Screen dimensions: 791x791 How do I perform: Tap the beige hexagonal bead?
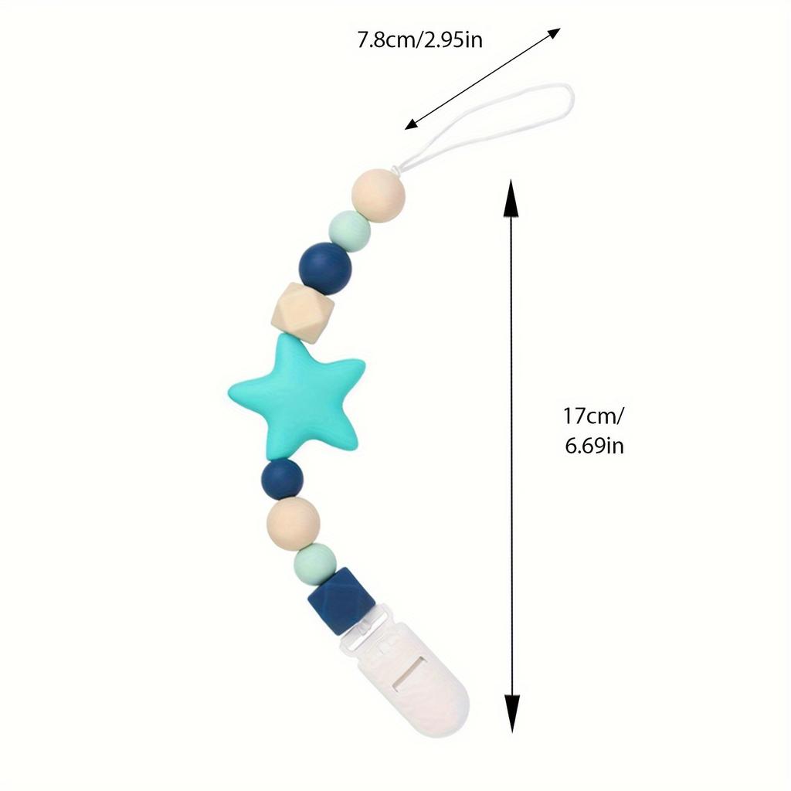point(303,313)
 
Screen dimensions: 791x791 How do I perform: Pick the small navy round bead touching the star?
point(283,479)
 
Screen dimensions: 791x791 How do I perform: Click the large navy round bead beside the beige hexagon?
point(325,269)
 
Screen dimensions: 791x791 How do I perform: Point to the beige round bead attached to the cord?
point(379,195)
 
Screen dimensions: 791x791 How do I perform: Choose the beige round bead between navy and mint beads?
point(294,523)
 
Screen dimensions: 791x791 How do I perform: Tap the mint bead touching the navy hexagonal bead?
point(315,564)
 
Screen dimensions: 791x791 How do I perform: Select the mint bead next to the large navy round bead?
point(350,231)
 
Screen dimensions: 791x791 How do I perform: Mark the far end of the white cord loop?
point(571,98)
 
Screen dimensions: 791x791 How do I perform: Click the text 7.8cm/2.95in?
point(420,40)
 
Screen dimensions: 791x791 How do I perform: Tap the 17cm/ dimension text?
point(593,416)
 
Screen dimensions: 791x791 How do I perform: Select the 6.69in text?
point(594,446)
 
